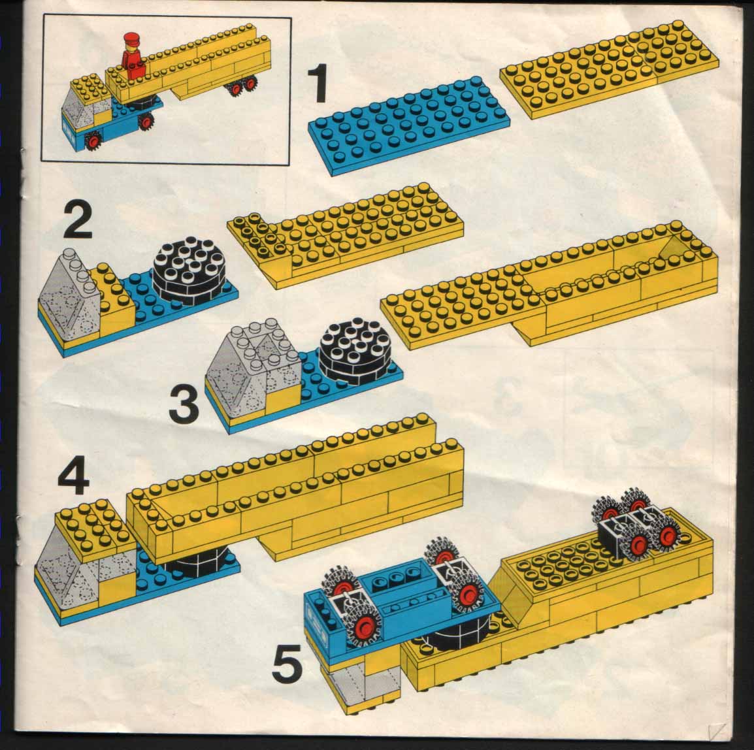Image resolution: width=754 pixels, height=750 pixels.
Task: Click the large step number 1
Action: point(318,84)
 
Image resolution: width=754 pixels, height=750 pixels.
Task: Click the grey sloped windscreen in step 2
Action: point(71,296)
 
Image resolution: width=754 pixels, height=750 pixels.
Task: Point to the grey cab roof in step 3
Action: point(255,345)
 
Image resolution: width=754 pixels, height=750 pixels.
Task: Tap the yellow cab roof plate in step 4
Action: point(91,526)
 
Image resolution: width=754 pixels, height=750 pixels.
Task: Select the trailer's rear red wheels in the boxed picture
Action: point(242,87)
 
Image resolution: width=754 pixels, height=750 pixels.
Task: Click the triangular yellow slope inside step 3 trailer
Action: point(673,248)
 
